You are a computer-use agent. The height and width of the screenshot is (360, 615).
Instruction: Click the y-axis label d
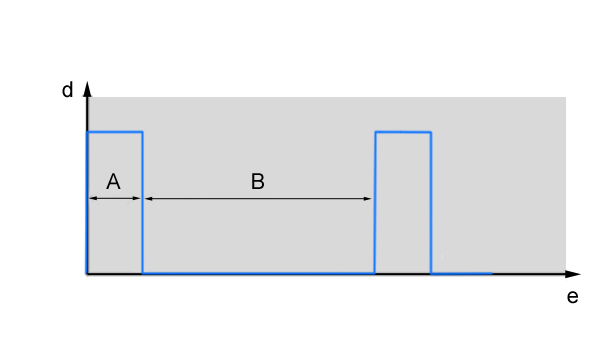click(67, 90)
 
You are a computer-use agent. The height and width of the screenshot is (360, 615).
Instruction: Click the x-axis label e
click(572, 297)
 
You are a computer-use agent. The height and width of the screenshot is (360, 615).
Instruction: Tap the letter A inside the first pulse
click(113, 182)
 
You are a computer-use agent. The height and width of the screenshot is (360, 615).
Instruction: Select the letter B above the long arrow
click(258, 182)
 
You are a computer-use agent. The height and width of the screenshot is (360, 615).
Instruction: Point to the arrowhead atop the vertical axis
click(87, 89)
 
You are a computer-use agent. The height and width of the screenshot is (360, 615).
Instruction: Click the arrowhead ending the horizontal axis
click(573, 274)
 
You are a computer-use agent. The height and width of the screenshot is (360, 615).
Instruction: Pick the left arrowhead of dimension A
click(93, 198)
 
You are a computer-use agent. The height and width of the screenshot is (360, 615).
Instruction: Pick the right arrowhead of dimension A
click(136, 198)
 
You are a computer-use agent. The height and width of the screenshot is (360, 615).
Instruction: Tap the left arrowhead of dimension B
click(149, 199)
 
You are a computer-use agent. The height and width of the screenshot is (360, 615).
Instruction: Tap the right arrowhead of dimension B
click(367, 199)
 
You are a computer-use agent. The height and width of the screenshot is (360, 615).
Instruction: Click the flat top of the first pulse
click(115, 132)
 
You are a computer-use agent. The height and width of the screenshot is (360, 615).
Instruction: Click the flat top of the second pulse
click(403, 132)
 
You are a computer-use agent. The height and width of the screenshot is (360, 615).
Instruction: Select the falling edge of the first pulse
click(142, 203)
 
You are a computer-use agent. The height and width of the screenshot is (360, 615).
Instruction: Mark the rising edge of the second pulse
click(375, 203)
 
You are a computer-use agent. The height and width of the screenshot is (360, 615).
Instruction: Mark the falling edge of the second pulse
click(431, 203)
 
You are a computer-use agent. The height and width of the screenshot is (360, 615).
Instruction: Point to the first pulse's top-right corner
click(142, 132)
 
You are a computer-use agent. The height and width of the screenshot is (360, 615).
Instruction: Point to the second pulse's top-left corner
click(375, 132)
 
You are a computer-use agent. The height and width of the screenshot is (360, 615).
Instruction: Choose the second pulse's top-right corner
click(431, 132)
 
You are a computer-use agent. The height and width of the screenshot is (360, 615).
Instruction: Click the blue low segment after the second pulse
click(462, 273)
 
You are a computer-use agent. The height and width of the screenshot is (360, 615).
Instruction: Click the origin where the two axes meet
click(87, 274)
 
